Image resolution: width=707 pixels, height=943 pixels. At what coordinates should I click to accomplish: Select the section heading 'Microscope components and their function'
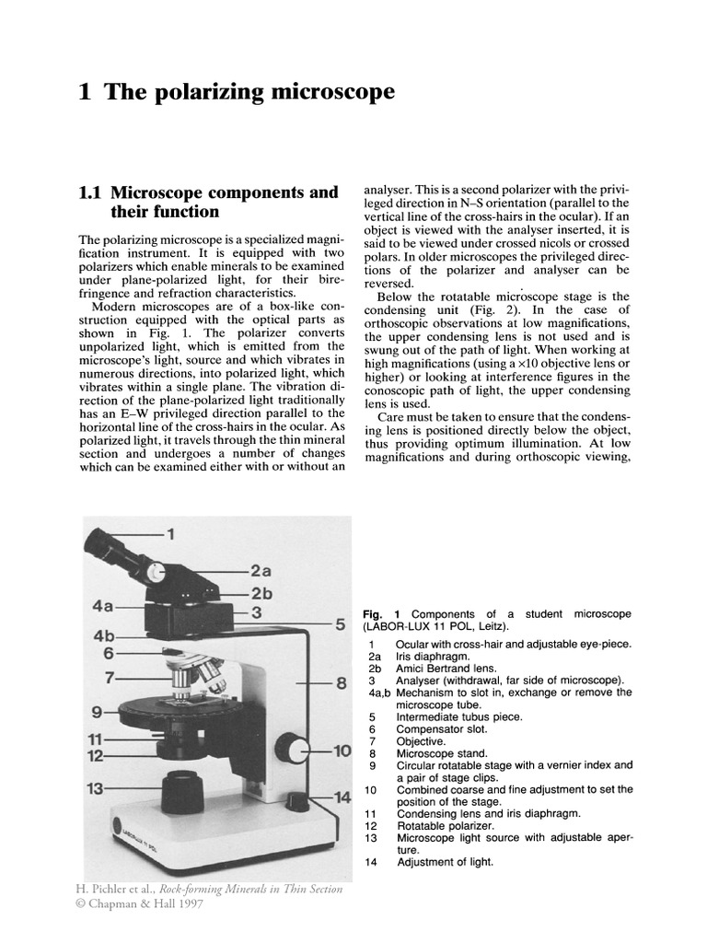pos(210,202)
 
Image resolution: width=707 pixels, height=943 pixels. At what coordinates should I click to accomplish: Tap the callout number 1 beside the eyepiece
pos(169,533)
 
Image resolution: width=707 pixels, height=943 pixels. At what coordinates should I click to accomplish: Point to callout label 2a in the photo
pos(261,571)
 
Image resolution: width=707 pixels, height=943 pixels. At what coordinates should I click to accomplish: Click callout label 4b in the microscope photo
pos(102,636)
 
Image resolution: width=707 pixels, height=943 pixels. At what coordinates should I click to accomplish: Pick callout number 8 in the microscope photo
pos(340,683)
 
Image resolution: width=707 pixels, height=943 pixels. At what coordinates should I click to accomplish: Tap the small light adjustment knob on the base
pos(297,800)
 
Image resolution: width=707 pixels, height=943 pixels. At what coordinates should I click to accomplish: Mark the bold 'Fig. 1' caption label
pos(381,614)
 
